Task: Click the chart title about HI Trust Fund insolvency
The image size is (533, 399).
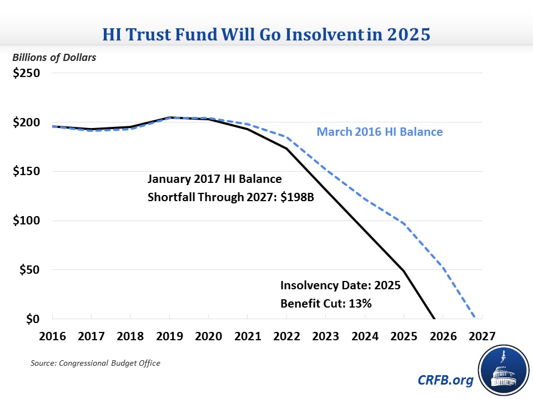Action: (266, 35)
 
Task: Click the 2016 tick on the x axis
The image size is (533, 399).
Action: (53, 336)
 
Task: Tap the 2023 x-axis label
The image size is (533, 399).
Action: (326, 336)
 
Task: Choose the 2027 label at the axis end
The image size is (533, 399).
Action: (482, 336)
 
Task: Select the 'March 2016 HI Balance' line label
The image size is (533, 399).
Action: (380, 132)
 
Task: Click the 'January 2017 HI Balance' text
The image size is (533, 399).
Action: (214, 180)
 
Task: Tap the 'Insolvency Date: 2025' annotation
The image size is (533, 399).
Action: (340, 286)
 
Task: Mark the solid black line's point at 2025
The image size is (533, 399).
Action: (404, 271)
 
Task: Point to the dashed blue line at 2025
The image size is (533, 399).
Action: (404, 223)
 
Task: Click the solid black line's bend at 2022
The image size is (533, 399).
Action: (286, 149)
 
